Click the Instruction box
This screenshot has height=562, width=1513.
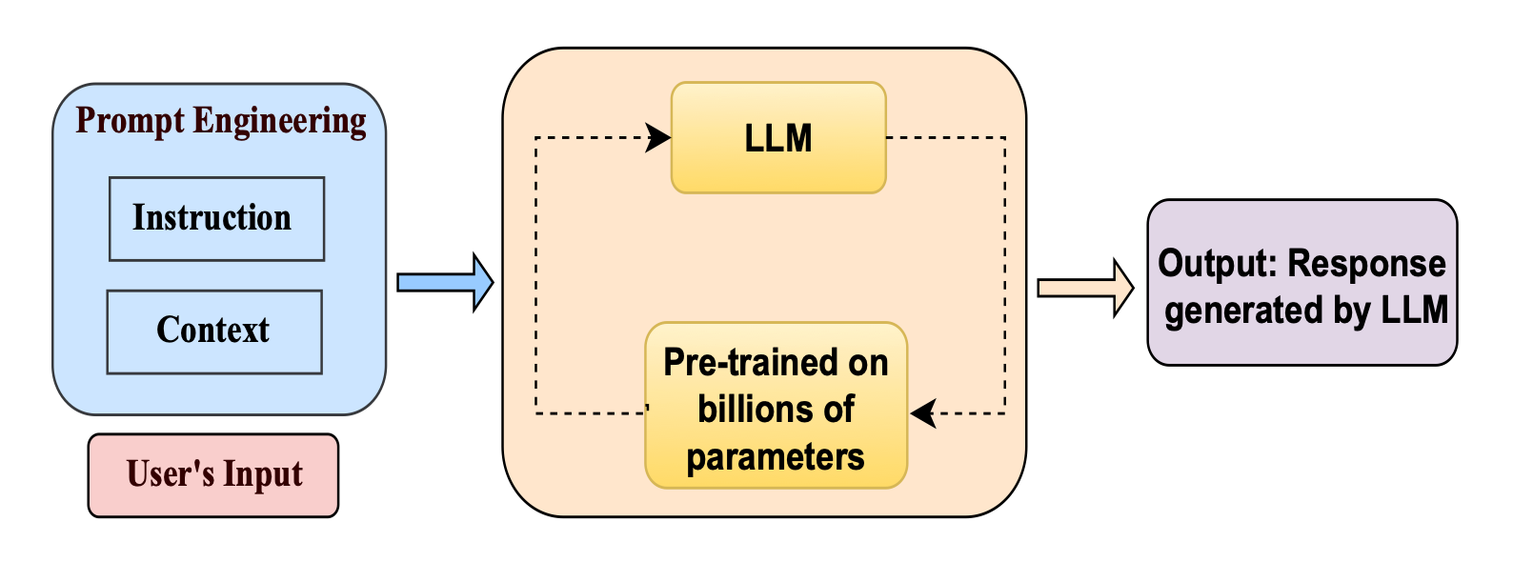(x=216, y=218)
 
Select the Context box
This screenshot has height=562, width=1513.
(x=214, y=331)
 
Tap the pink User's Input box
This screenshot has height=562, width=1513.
(x=213, y=475)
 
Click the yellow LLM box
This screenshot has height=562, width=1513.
(x=778, y=138)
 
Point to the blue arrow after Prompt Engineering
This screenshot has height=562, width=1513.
(x=444, y=282)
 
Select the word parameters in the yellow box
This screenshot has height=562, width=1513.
(x=776, y=457)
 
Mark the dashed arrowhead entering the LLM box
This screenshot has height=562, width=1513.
(x=657, y=137)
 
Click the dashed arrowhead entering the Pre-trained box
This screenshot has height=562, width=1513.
(x=922, y=413)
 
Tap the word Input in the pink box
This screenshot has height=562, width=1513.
(x=263, y=475)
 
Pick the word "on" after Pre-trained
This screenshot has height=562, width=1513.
(x=867, y=363)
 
